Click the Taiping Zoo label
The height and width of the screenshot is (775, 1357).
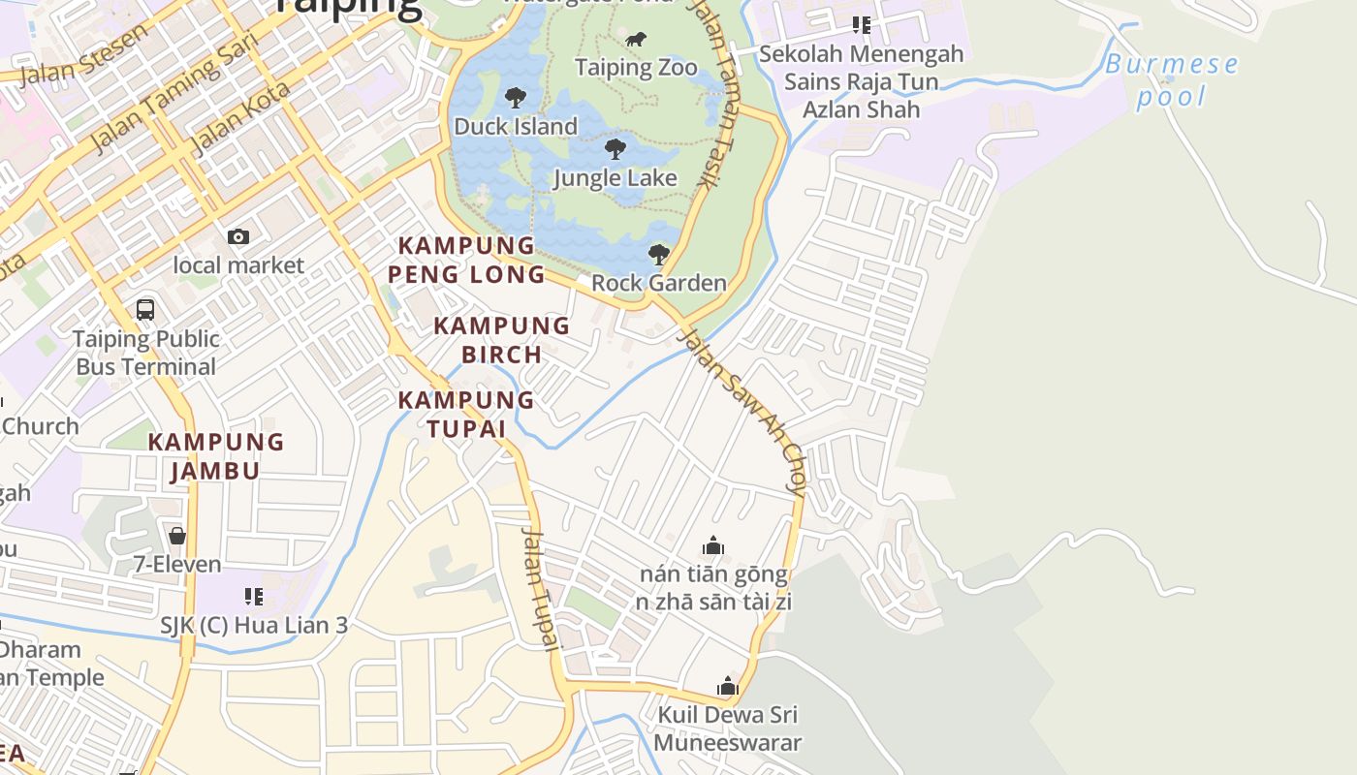[636, 67]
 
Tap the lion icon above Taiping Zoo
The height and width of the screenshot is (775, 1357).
[636, 40]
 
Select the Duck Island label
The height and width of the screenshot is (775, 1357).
[515, 126]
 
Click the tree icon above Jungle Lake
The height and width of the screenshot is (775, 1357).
[615, 149]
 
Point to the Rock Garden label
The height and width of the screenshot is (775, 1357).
[658, 283]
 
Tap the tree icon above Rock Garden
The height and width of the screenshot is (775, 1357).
[658, 255]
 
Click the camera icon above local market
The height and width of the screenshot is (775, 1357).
[237, 236]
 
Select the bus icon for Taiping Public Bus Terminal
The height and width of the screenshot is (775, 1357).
[145, 310]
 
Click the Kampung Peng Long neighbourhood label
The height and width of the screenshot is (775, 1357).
[466, 260]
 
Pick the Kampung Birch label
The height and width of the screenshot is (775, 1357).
[501, 340]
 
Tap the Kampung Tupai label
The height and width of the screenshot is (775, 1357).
[466, 414]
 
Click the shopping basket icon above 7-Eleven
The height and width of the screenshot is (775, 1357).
[176, 536]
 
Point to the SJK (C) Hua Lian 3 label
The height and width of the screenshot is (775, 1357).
[254, 625]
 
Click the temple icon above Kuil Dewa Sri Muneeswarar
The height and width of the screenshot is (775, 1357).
[727, 687]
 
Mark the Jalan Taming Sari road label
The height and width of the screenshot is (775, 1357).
[174, 92]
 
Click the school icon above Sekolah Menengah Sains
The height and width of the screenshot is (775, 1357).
[861, 25]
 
